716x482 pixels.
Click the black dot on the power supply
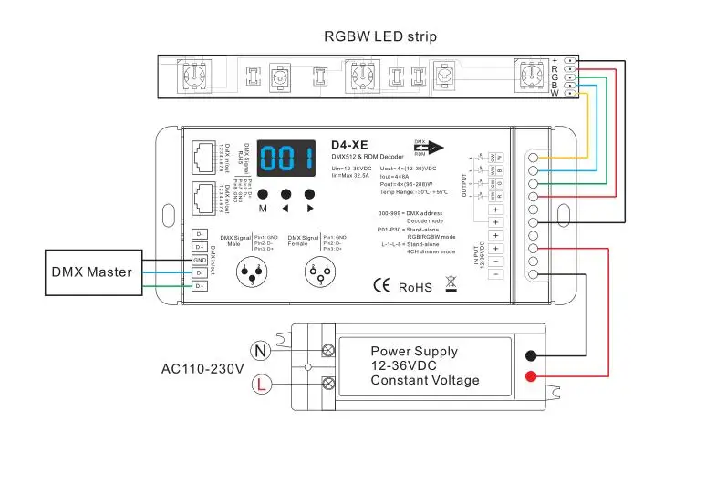coord(532,357)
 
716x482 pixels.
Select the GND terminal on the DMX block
coord(200,260)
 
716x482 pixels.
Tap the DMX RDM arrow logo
coord(428,149)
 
